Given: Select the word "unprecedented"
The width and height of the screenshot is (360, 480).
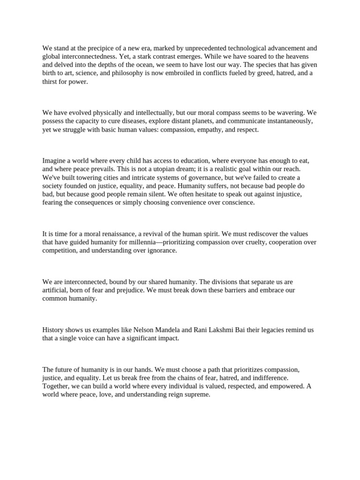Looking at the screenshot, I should point(203,48).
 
